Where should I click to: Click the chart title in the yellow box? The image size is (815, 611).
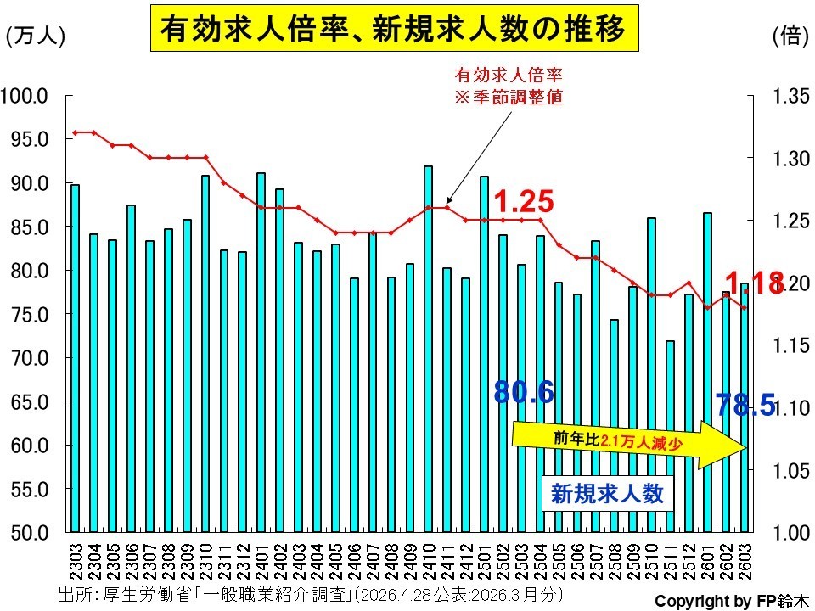pyautogui.click(x=394, y=28)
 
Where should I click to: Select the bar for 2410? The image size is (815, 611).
pyautogui.click(x=428, y=349)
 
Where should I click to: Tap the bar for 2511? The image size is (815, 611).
pyautogui.click(x=671, y=436)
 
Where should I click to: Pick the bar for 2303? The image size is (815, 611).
pyautogui.click(x=75, y=358)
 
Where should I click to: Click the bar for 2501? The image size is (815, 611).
pyautogui.click(x=484, y=355)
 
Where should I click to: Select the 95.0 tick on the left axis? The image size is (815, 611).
pyautogui.click(x=30, y=139)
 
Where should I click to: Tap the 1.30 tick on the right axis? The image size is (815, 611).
pyautogui.click(x=791, y=159)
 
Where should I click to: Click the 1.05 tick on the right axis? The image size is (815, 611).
pyautogui.click(x=791, y=471)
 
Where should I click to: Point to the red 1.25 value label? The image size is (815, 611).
pyautogui.click(x=524, y=201)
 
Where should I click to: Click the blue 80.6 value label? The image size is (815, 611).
pyautogui.click(x=524, y=392)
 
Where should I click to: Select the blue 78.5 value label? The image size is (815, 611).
pyautogui.click(x=745, y=405)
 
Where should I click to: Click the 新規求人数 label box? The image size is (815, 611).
pyautogui.click(x=607, y=494)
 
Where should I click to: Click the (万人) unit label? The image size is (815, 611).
pyautogui.click(x=36, y=36)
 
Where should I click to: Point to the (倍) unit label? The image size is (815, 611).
pyautogui.click(x=790, y=36)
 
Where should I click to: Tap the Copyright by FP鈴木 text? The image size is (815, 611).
pyautogui.click(x=732, y=601)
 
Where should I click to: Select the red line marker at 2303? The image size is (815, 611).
pyautogui.click(x=75, y=132)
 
